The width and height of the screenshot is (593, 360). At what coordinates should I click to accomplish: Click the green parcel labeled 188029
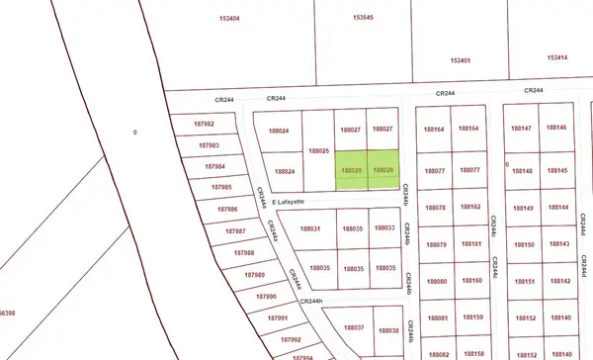[x=351, y=170]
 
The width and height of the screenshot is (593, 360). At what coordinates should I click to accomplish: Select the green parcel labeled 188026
[x=383, y=170]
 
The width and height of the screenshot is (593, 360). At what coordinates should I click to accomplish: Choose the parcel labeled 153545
[x=364, y=19]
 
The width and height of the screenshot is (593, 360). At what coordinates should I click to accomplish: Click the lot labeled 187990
[x=265, y=296]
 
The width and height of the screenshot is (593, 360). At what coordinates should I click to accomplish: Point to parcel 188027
[x=382, y=130]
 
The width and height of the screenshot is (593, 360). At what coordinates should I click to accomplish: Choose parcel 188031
[x=309, y=228]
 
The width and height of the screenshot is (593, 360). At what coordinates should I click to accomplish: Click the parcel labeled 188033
[x=386, y=228]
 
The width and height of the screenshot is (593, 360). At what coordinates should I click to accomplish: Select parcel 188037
[x=354, y=328]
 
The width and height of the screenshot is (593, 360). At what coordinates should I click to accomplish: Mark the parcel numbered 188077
[x=435, y=170]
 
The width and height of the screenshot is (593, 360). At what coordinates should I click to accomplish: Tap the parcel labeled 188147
[x=522, y=129]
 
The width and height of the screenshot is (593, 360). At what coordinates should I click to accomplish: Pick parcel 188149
[x=522, y=208]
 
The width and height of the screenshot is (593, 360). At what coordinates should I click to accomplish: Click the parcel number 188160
[x=470, y=281]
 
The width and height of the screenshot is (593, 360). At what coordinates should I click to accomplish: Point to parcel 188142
[x=559, y=281]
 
